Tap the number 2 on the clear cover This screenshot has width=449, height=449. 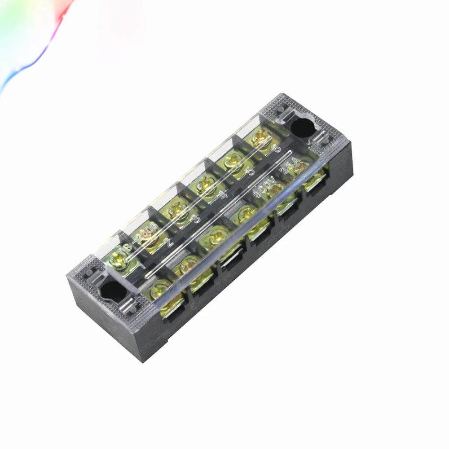[x=169, y=243]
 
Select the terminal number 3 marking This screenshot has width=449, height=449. [x=196, y=219]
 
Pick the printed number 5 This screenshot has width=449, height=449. [x=250, y=171]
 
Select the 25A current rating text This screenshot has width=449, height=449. [x=287, y=166]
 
